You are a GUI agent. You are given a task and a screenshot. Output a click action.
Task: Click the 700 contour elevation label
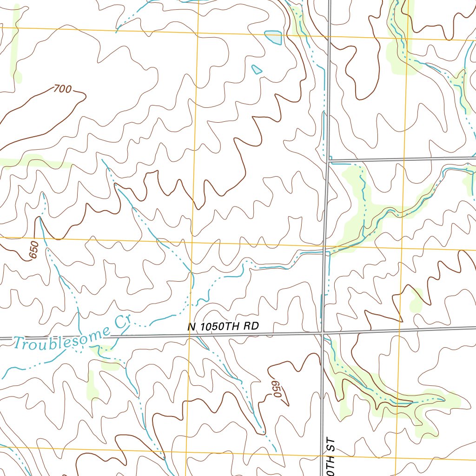[x=62, y=88]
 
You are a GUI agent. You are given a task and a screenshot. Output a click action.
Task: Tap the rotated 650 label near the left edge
[x=34, y=251]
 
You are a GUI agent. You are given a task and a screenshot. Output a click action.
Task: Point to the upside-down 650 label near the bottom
[x=276, y=388]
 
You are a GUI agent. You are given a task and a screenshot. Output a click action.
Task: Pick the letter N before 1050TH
[x=192, y=327]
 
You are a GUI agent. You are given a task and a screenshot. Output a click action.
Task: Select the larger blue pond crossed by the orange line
[x=273, y=37]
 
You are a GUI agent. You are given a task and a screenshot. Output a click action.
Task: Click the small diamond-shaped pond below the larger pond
[x=257, y=70]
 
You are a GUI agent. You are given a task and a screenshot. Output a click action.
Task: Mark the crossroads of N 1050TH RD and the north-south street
[x=323, y=332]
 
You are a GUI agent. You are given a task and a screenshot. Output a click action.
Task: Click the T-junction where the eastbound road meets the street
[x=328, y=161]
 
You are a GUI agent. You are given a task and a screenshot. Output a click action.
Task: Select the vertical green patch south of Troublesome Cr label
[x=93, y=384]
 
